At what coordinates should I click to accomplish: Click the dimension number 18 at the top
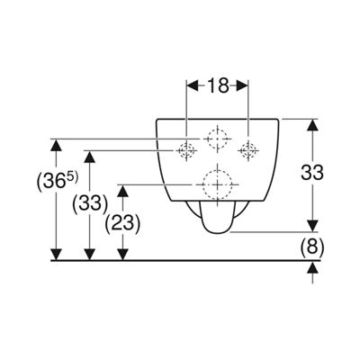tap(218, 86)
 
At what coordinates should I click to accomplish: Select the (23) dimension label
tap(122, 223)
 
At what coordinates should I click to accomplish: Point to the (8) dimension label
tap(312, 247)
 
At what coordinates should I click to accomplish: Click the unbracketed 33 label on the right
tap(312, 173)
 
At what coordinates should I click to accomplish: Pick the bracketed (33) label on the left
tap(90, 203)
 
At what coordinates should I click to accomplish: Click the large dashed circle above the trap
tap(218, 184)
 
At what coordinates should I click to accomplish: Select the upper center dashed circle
tap(218, 139)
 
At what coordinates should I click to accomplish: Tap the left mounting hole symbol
tap(186, 150)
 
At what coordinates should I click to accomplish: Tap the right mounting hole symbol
tap(248, 150)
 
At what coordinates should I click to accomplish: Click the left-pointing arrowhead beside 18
tap(193, 86)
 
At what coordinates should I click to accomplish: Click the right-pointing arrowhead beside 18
tap(242, 86)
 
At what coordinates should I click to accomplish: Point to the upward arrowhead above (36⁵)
tap(56, 145)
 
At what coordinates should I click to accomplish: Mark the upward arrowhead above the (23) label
tap(122, 191)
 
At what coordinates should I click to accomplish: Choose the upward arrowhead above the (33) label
tap(90, 157)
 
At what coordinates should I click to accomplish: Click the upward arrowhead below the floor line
tap(312, 267)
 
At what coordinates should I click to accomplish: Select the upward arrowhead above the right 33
tap(312, 124)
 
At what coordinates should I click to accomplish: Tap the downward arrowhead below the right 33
tap(312, 226)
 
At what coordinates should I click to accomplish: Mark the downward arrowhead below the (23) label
tap(122, 255)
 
